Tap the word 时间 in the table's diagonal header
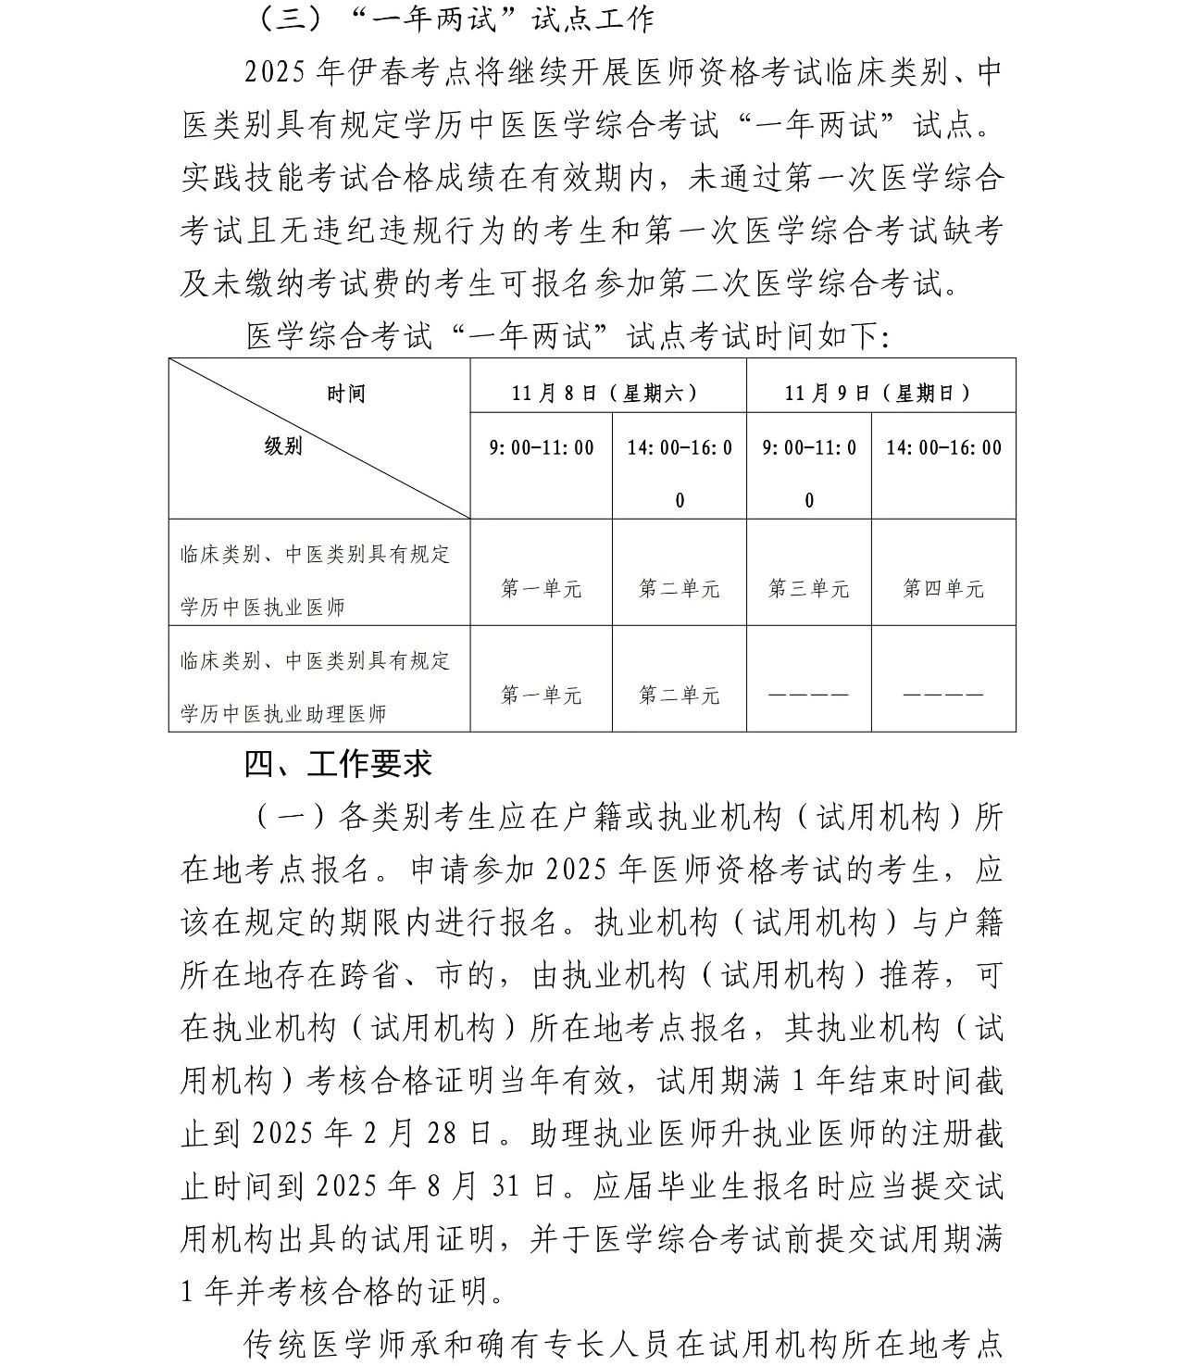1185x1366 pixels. pos(346,394)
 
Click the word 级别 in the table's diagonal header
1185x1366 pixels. pos(283,445)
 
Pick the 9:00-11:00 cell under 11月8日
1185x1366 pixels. pos(542,448)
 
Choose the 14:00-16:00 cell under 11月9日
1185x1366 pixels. pos(943,448)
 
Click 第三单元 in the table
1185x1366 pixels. pos(808,588)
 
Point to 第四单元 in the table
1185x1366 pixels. pos(943,588)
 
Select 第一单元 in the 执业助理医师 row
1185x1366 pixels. pos(542,695)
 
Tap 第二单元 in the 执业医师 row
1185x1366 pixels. pos(679,588)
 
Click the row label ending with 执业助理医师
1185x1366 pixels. pos(315,687)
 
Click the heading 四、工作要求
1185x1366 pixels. pos(339,763)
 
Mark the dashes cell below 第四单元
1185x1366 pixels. pos(943,695)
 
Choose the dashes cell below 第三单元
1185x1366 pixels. pos(808,695)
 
